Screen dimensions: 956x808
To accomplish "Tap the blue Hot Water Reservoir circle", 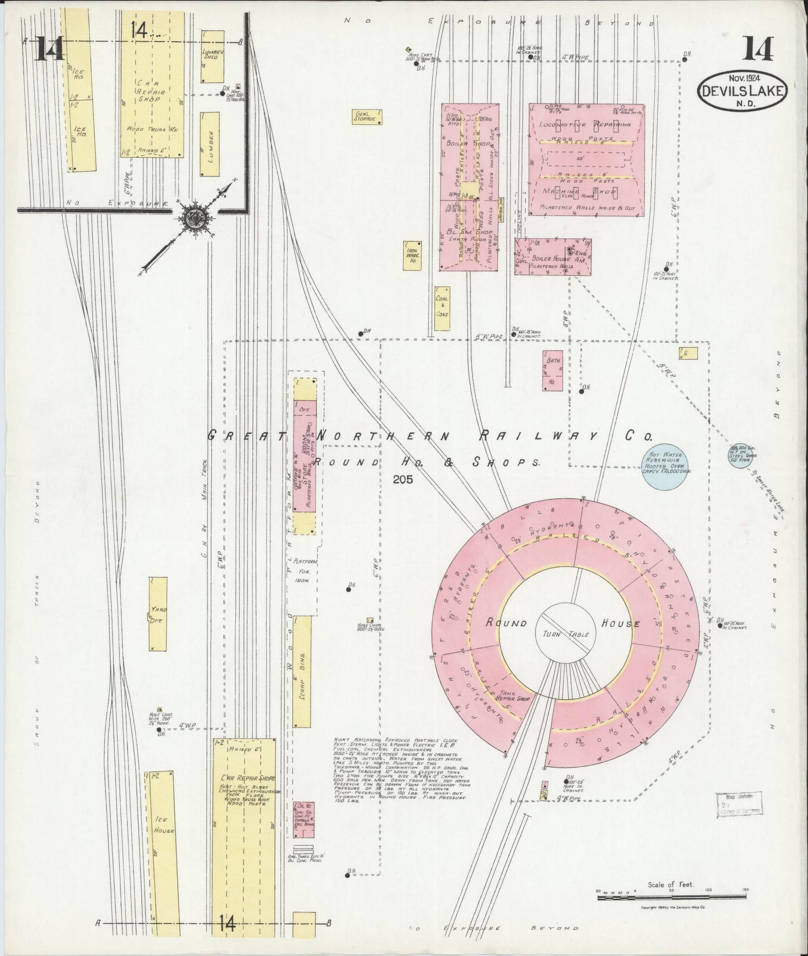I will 665,463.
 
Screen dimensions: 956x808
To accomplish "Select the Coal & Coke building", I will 443,306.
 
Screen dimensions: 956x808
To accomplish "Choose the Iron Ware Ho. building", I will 413,255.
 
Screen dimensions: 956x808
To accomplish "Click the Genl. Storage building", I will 367,116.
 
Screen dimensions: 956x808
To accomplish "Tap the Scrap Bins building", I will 302,672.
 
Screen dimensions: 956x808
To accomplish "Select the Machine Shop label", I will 580,192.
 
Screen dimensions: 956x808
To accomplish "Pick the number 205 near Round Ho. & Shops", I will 402,479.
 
